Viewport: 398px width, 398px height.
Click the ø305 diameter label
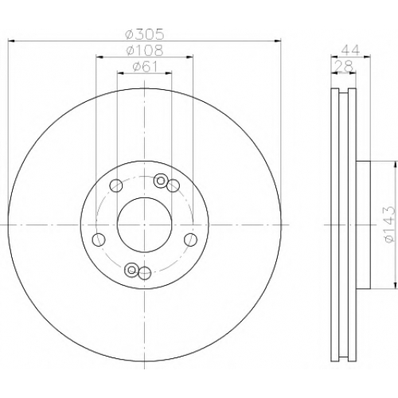[x=145, y=34]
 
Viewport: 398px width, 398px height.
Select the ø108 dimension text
[x=145, y=50]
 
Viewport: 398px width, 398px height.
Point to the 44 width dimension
[x=350, y=50]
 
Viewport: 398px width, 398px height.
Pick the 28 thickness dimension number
[x=344, y=66]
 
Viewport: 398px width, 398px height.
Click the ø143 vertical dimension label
[x=389, y=224]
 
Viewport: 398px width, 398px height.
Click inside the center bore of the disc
[x=144, y=224]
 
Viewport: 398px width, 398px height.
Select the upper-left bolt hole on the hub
[x=116, y=185]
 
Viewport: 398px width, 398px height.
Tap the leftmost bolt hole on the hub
[x=99, y=240]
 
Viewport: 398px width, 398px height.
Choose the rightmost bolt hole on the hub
[x=191, y=240]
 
